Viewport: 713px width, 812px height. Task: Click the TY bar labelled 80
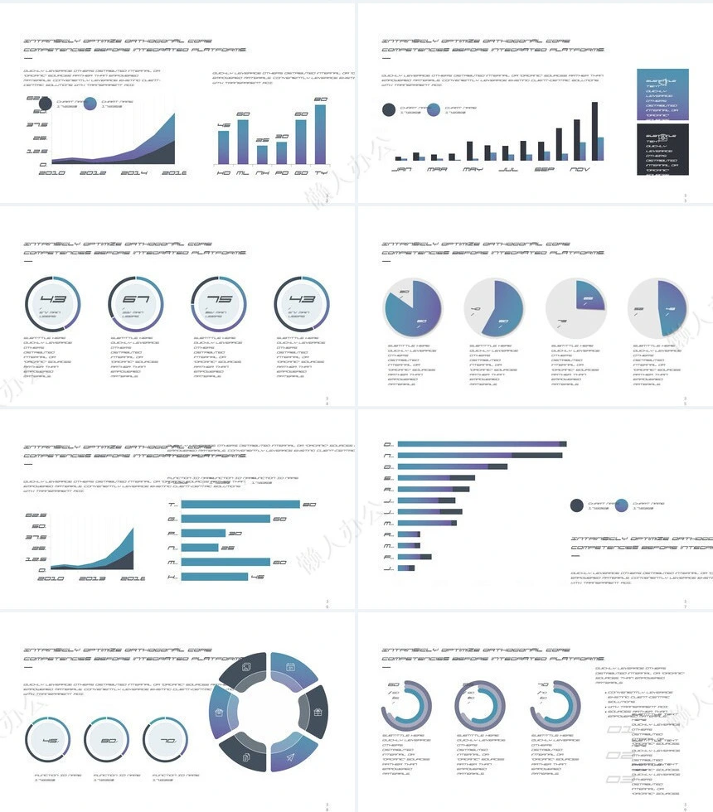pos(320,134)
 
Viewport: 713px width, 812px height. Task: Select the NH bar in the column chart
pos(262,154)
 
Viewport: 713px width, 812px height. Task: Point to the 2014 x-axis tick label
pos(134,172)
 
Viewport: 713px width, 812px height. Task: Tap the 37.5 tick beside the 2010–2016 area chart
pos(37,125)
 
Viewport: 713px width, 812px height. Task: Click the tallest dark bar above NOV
pos(595,131)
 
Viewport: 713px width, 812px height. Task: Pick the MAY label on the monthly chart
pos(473,169)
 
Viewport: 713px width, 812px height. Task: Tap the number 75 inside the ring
pos(218,299)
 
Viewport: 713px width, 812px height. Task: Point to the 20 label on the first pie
pos(405,292)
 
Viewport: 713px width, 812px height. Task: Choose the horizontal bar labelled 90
pos(240,505)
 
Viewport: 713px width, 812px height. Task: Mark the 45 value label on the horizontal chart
pos(257,577)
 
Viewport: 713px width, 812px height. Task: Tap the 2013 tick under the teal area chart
pos(91,578)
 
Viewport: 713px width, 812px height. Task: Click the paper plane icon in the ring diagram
pos(290,756)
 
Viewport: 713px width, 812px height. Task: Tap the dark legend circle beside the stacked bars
pos(577,505)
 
